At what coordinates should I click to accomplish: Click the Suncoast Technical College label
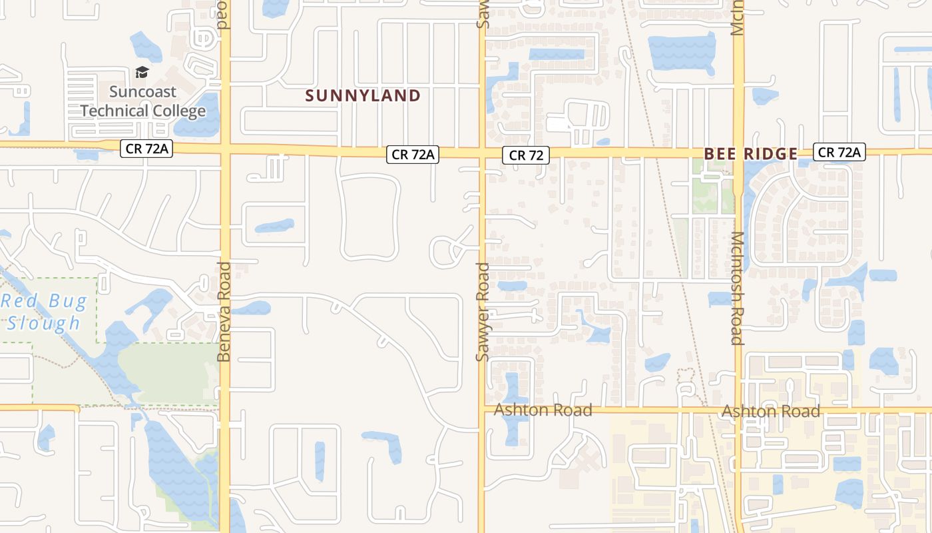tap(143, 101)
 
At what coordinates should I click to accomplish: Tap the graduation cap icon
tap(142, 72)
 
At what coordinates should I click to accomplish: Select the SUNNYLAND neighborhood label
tap(363, 96)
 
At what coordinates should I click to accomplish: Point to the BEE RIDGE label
tap(750, 154)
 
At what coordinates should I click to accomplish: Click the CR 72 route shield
tap(526, 155)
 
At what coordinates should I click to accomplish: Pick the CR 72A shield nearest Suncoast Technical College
tap(146, 149)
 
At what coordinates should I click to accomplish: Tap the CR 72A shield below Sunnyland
tap(413, 155)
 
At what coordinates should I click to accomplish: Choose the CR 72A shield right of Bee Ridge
tap(839, 153)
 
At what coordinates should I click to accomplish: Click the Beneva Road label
tap(224, 312)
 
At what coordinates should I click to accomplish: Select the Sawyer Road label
tap(483, 312)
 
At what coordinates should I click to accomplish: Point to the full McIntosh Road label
tap(737, 288)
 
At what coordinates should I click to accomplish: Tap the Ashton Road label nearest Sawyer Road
tap(543, 410)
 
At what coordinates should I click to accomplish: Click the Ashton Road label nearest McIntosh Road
tap(771, 411)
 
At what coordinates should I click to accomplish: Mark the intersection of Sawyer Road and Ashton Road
tap(482, 408)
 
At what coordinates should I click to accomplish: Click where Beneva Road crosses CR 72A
tap(225, 147)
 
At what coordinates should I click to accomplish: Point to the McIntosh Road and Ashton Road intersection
tap(738, 409)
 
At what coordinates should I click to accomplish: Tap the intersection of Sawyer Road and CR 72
tap(482, 153)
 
